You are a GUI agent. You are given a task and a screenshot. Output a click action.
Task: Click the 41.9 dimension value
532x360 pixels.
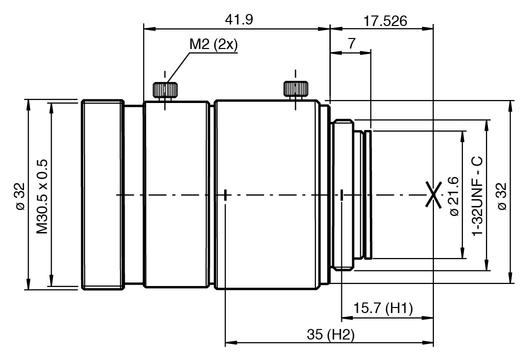coord(239,19)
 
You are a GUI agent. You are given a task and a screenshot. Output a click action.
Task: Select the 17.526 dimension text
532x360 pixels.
coord(385,21)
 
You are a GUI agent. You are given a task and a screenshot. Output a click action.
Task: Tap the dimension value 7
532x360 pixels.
coord(351,43)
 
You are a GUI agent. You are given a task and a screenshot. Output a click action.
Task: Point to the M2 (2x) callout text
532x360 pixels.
coord(213,44)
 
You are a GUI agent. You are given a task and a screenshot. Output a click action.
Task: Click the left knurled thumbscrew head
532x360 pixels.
coord(165,90)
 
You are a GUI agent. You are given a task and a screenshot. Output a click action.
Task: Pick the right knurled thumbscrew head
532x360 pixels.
coord(296,89)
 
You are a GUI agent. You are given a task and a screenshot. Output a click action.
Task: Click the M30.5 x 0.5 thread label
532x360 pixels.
coord(43,196)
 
